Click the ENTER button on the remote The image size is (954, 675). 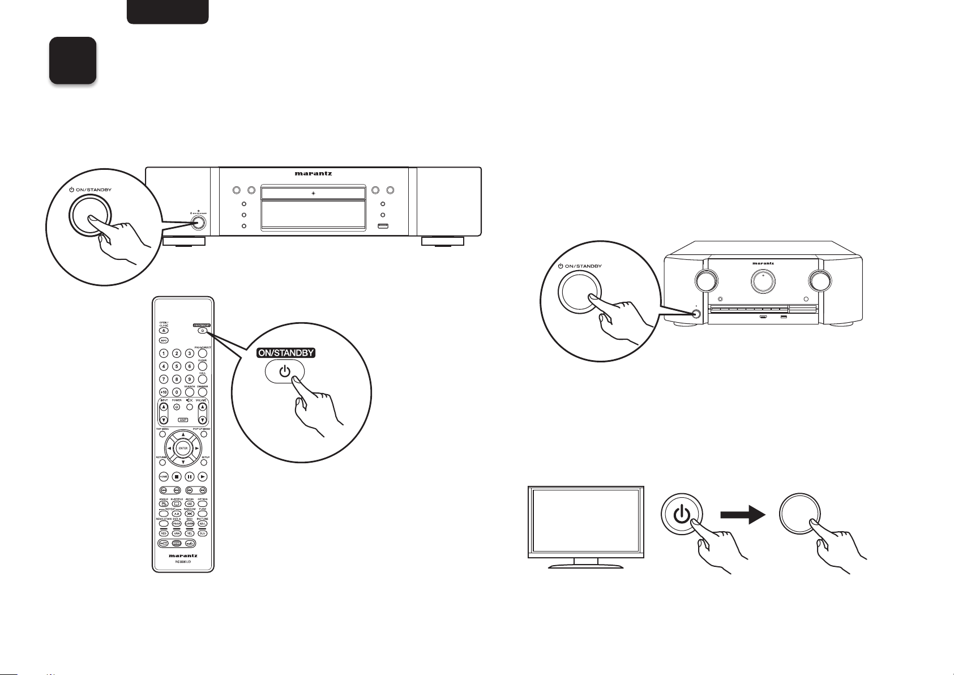point(183,448)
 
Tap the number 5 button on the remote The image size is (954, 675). point(177,366)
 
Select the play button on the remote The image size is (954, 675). point(202,477)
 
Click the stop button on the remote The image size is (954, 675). point(177,477)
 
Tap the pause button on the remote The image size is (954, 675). point(190,477)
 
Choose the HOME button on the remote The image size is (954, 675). point(163,477)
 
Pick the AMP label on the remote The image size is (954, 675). point(182,420)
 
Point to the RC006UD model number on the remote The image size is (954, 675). point(182,563)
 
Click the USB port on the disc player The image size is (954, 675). point(383,227)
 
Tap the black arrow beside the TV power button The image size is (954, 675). point(742,515)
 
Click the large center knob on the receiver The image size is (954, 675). point(763,281)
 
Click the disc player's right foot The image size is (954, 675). point(443,242)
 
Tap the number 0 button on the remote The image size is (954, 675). point(177,392)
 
